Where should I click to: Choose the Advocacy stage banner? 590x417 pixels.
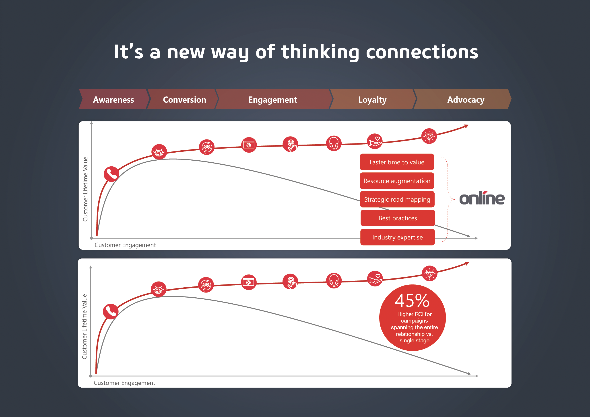(x=462, y=99)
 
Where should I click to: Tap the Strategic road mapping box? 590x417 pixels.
(x=397, y=199)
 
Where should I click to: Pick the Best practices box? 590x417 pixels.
(x=398, y=218)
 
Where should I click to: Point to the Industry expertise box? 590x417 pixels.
(x=398, y=237)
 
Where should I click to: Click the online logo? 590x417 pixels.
(x=482, y=198)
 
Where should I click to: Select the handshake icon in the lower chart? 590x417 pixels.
(x=159, y=289)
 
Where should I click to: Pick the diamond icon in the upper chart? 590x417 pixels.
(x=429, y=136)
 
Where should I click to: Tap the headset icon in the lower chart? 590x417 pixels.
(x=334, y=281)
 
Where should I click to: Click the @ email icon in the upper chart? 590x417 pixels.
(x=249, y=145)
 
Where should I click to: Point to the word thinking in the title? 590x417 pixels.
(x=320, y=52)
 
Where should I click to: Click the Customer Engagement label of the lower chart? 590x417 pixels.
(x=124, y=383)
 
